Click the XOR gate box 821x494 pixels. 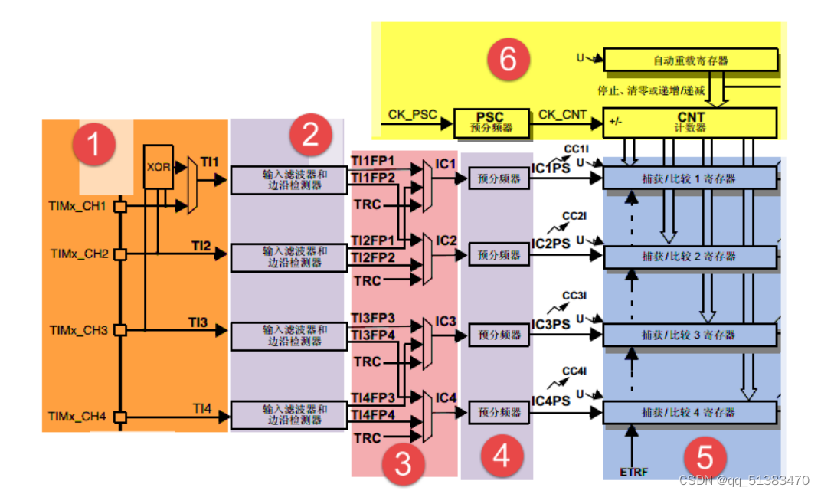158,167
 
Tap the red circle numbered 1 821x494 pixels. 94,144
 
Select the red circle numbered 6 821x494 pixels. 509,59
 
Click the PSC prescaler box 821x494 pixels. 491,123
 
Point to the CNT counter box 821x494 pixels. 690,123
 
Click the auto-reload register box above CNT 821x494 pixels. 691,61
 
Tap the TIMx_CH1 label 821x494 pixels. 77,206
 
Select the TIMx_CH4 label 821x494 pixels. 77,417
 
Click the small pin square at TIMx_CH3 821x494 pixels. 120,330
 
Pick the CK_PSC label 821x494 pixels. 412,115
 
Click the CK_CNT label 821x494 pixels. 562,114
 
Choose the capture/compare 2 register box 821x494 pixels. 690,257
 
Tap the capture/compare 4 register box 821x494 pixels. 690,413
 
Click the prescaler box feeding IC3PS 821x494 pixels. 499,335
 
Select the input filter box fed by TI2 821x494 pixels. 289,257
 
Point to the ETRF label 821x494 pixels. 633,472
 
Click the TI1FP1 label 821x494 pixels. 373,161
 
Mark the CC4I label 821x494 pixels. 574,371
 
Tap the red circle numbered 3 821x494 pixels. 403,463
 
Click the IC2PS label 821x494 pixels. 551,244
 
